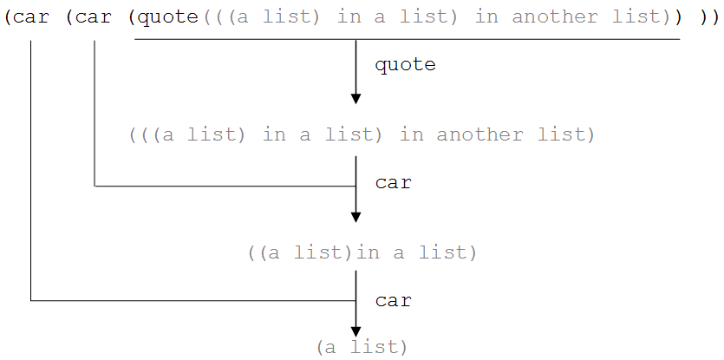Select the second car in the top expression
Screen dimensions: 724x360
click(95, 18)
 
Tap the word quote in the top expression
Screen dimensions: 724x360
click(168, 17)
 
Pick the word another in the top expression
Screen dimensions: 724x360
click(555, 17)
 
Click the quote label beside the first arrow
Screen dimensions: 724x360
click(406, 65)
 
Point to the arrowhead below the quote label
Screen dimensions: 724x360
click(355, 98)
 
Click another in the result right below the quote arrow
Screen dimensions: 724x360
click(479, 135)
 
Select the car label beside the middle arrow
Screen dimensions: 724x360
click(394, 183)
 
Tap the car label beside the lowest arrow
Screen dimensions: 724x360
click(394, 301)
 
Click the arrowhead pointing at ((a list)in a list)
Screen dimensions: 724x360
click(355, 217)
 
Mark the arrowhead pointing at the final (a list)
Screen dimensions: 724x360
click(355, 331)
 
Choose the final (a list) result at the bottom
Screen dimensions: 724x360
click(362, 347)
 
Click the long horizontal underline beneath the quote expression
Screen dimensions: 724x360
click(408, 40)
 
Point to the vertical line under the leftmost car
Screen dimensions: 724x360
click(31, 171)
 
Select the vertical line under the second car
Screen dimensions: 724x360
click(95, 114)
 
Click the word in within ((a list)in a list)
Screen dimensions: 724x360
click(368, 252)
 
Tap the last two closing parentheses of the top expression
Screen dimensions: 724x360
click(708, 18)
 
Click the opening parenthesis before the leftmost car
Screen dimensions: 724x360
click(9, 18)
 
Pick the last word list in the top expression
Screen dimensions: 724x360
click(636, 17)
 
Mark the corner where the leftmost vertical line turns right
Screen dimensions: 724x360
click(31, 301)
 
